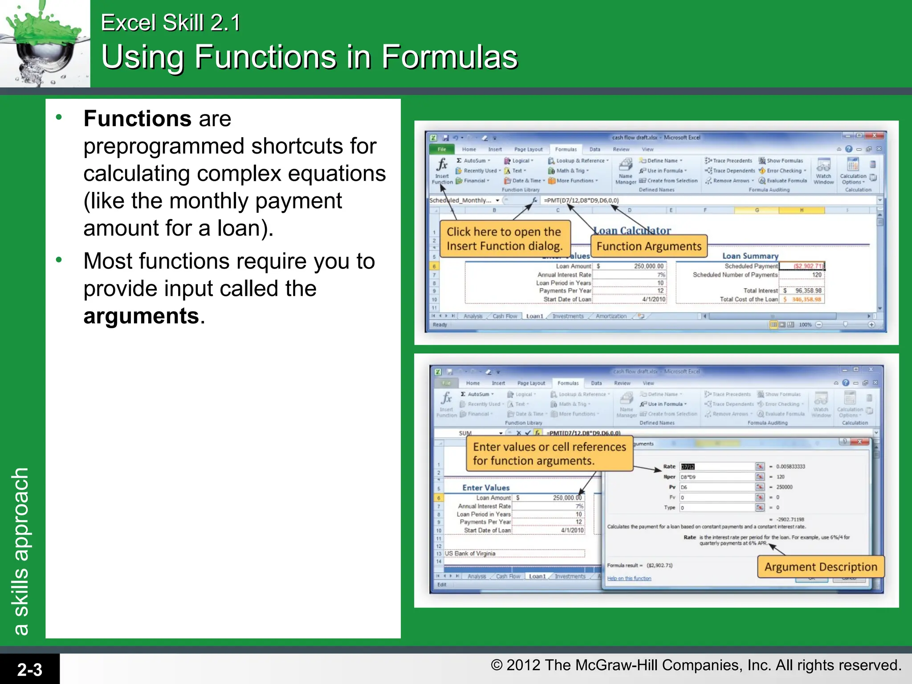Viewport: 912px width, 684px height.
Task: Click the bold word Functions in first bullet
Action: [x=137, y=119]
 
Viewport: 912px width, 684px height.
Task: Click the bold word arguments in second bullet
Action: [x=141, y=316]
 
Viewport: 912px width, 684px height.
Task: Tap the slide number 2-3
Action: [x=29, y=669]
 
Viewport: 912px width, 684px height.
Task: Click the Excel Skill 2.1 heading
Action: [x=170, y=23]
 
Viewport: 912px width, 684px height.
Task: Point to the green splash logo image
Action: [x=45, y=43]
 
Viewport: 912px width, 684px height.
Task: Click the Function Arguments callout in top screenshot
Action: [x=648, y=246]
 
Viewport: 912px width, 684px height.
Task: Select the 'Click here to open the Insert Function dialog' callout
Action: [x=504, y=239]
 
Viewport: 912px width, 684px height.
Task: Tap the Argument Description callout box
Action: [x=820, y=567]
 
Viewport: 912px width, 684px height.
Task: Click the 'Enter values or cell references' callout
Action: [x=549, y=453]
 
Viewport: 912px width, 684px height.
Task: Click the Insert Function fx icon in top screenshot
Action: [x=442, y=165]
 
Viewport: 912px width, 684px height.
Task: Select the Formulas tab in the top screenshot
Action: [x=566, y=149]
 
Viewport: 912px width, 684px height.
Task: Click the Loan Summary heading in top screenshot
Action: [x=750, y=256]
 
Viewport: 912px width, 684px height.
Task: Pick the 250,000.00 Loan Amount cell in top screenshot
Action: [x=648, y=266]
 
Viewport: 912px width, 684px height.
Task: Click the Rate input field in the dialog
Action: [x=717, y=467]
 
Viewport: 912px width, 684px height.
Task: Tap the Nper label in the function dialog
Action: [x=669, y=477]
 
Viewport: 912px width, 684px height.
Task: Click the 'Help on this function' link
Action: [x=629, y=578]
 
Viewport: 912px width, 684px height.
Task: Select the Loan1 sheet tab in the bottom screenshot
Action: [x=537, y=576]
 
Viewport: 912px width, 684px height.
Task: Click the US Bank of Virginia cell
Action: [x=470, y=554]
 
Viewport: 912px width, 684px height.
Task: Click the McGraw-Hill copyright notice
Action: [x=696, y=665]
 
